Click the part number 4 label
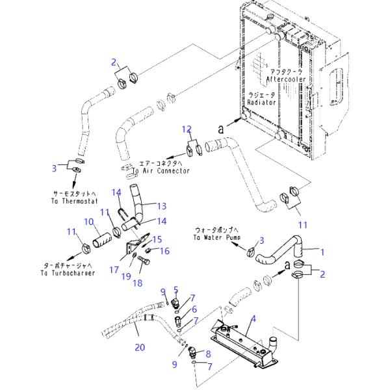[253, 318]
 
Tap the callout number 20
[140, 348]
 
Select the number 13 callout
[161, 205]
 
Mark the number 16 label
[164, 251]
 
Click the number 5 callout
[175, 290]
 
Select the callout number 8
[208, 354]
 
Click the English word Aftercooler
[285, 79]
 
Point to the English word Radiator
[262, 102]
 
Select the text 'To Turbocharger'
[64, 273]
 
